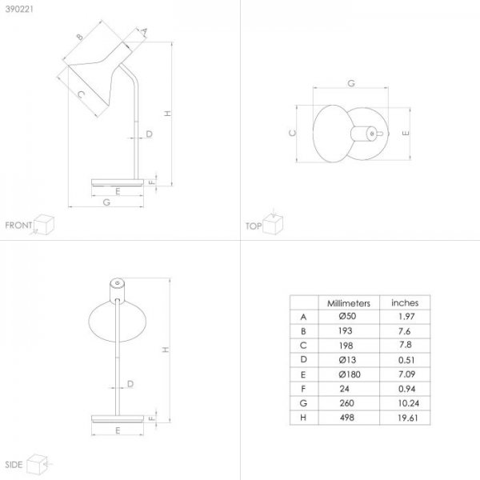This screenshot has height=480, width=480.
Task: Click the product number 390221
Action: click(x=19, y=9)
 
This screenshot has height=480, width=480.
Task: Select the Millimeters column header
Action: click(x=349, y=303)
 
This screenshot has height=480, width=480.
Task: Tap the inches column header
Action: click(x=405, y=302)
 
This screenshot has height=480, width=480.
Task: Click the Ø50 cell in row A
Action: click(x=347, y=316)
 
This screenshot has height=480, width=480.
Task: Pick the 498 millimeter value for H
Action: click(x=347, y=418)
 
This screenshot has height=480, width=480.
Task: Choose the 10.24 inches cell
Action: click(x=408, y=403)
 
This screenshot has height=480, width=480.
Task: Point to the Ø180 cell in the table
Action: click(x=350, y=374)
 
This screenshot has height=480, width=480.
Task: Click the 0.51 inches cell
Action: click(x=406, y=360)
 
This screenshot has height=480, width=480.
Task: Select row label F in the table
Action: click(x=303, y=389)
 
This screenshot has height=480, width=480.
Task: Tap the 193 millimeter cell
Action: click(x=346, y=331)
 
